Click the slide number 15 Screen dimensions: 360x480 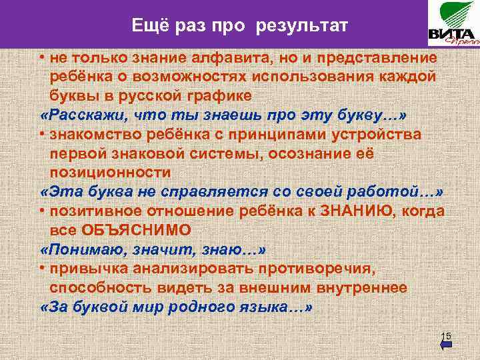(447, 335)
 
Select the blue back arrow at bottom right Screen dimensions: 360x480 (447, 345)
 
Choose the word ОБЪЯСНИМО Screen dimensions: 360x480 (136, 229)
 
